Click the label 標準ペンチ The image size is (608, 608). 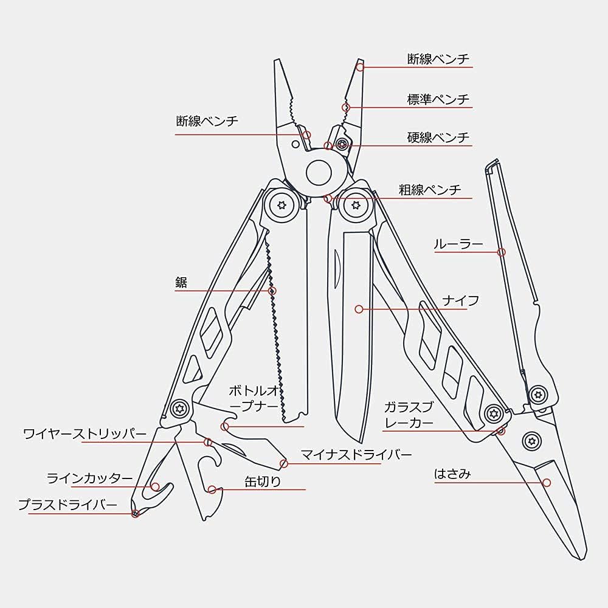tap(438, 99)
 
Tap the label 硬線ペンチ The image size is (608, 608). tap(438, 137)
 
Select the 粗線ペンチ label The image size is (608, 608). tap(430, 190)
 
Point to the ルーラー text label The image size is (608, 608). tap(458, 244)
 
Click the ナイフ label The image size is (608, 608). tap(461, 300)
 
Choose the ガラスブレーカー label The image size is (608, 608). tap(409, 415)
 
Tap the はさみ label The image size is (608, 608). tap(452, 474)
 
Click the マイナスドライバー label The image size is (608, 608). tap(356, 454)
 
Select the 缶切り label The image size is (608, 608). tap(263, 481)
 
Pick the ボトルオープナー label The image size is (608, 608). tap(254, 398)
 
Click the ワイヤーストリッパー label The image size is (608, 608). tap(85, 434)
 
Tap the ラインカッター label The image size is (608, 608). tap(89, 478)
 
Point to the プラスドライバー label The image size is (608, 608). tap(67, 505)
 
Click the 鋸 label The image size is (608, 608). tap(181, 282)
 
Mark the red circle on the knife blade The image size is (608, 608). tap(359, 309)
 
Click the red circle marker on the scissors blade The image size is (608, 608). tap(547, 483)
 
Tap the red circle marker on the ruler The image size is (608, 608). tap(502, 252)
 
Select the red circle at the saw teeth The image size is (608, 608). tap(272, 291)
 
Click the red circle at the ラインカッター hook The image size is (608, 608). tap(155, 486)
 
